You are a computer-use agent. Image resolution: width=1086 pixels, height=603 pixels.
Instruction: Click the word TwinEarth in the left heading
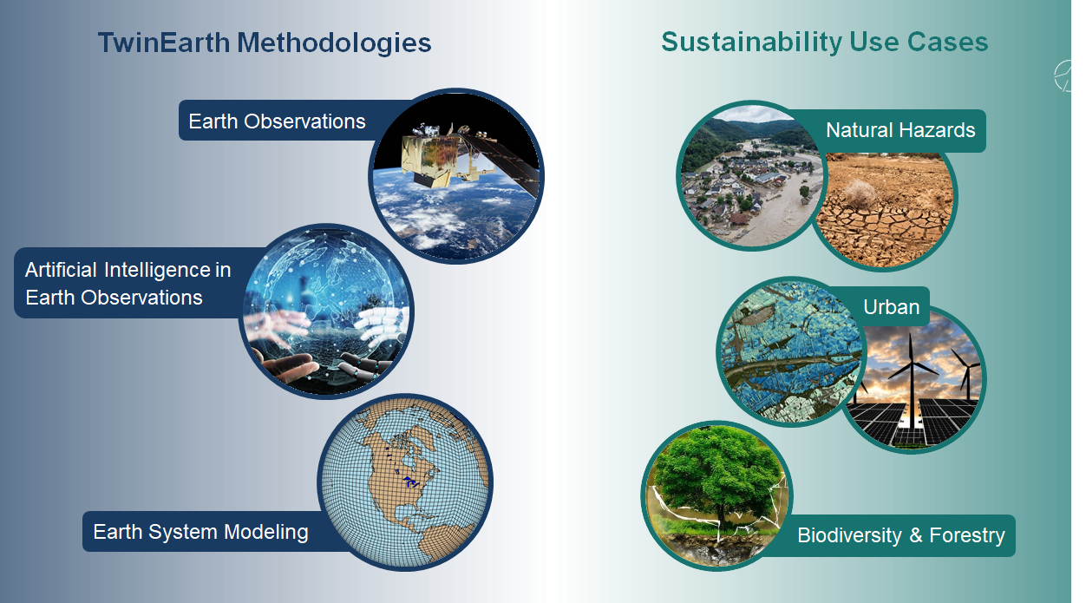(x=164, y=43)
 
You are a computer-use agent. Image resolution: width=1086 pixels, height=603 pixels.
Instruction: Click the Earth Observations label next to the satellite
(x=277, y=121)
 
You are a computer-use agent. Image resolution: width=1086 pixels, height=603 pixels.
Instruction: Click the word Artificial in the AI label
(x=61, y=270)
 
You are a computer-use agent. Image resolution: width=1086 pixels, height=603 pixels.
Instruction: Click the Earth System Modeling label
(x=200, y=532)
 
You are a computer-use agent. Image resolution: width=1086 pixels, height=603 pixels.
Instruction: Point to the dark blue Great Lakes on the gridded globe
(x=411, y=482)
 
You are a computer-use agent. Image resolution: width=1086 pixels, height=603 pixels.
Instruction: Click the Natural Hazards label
(x=900, y=130)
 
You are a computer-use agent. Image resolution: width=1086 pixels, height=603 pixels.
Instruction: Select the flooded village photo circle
(x=750, y=175)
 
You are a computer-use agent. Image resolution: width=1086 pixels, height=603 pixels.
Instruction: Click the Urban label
(x=891, y=307)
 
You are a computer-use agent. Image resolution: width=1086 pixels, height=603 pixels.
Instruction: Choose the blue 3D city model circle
(x=791, y=351)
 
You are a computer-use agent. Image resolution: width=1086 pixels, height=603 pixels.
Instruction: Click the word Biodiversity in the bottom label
(x=850, y=535)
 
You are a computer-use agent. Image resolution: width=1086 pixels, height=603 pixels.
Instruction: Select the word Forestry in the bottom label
(x=967, y=535)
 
